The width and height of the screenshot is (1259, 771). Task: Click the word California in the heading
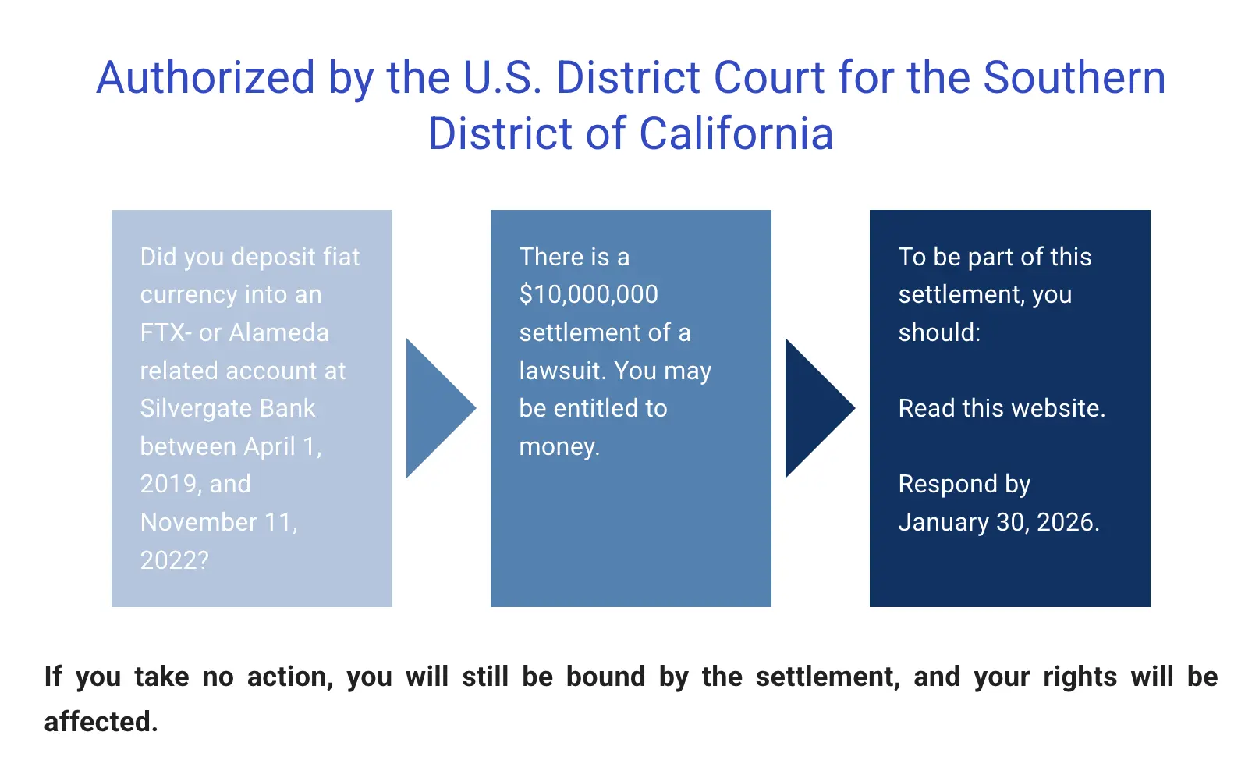[736, 133]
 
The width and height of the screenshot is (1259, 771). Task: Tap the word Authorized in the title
[206, 78]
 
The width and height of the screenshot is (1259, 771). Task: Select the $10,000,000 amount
[589, 294]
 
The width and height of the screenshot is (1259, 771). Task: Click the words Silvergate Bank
[228, 408]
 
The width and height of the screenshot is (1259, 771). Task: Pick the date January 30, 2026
[998, 522]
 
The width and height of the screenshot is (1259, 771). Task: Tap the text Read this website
[1002, 408]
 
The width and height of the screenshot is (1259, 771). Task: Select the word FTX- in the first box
[166, 332]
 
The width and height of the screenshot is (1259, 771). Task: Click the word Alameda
[279, 332]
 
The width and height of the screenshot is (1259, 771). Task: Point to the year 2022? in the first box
[174, 560]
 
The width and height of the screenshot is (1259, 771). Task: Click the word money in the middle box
[559, 446]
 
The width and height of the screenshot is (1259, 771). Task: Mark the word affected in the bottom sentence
[101, 722]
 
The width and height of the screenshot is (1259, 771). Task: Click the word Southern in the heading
[1074, 78]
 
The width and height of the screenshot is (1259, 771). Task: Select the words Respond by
[964, 484]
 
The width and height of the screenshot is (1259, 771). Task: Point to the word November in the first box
[198, 522]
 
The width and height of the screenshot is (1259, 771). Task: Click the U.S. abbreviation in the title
[502, 78]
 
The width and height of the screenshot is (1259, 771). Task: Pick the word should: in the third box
[939, 332]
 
